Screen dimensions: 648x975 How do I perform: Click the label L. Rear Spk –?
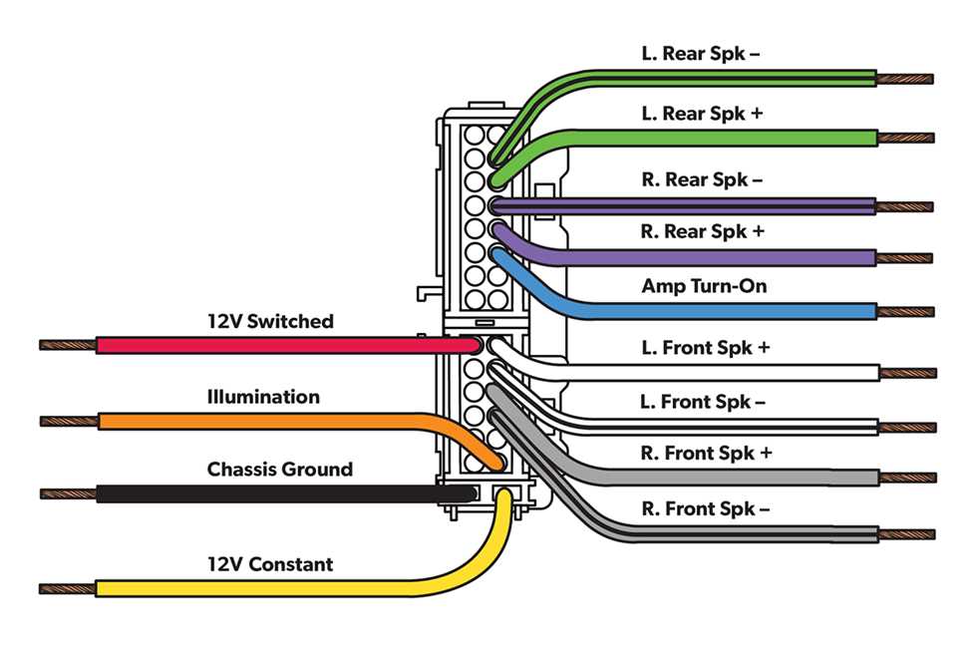click(x=700, y=53)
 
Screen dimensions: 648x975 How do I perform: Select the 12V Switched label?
click(x=270, y=321)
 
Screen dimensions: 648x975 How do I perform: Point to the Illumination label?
click(x=263, y=397)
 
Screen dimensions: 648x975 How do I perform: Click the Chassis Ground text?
click(x=279, y=469)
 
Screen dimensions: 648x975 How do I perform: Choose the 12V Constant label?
click(x=269, y=564)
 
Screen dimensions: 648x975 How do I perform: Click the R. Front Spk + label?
click(x=706, y=453)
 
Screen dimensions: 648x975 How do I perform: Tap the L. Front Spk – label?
click(x=702, y=402)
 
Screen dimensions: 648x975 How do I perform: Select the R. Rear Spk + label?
click(x=702, y=231)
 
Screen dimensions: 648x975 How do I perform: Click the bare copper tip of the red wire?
click(x=68, y=345)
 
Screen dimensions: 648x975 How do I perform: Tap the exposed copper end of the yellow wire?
click(x=68, y=588)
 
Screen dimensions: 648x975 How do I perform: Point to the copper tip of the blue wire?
click(x=905, y=311)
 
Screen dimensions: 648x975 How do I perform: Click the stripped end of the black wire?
click(x=68, y=493)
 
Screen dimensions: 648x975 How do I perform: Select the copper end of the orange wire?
click(x=68, y=421)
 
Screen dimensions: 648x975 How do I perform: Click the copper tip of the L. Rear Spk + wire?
click(x=905, y=138)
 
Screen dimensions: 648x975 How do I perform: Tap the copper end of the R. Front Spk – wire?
click(x=905, y=534)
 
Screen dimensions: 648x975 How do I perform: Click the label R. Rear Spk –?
click(x=702, y=179)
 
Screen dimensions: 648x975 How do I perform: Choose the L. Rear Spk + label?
click(x=702, y=114)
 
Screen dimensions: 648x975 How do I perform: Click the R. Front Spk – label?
click(x=706, y=508)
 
